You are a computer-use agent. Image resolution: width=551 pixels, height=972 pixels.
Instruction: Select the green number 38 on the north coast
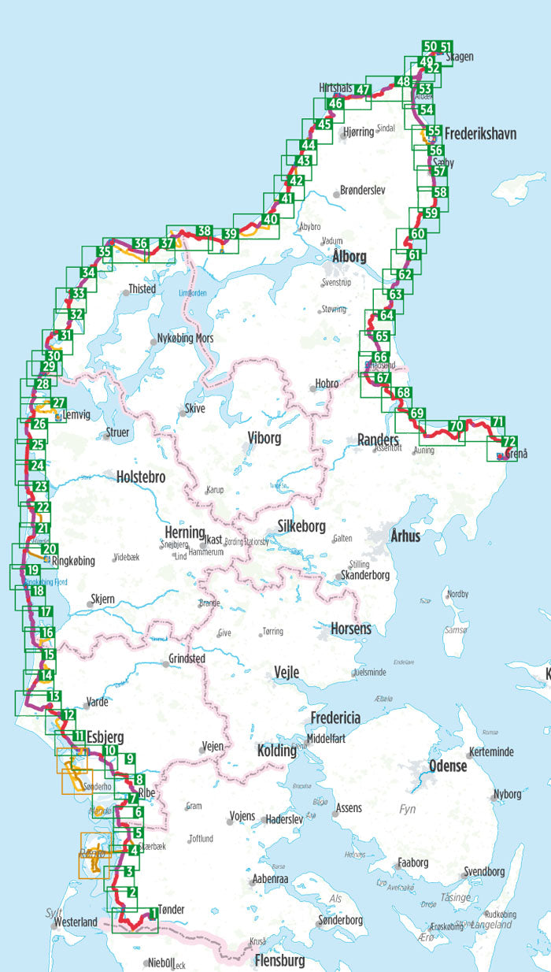[204, 231]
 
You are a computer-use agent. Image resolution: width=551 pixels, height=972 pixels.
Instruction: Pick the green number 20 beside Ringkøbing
[50, 549]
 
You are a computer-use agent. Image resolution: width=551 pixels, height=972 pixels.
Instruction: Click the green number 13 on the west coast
[54, 696]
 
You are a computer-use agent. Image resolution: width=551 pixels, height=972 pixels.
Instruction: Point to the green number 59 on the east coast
[431, 213]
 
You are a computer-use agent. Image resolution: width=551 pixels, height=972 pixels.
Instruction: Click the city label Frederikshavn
[480, 135]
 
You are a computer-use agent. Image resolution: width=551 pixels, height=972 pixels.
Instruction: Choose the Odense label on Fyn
[448, 766]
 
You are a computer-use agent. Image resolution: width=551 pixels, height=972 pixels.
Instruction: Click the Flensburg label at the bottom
[279, 961]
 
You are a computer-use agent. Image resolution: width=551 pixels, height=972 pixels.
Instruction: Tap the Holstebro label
[140, 477]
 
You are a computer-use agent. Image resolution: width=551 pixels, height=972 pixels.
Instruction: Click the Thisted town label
[142, 289]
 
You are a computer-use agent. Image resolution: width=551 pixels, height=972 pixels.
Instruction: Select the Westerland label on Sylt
[75, 922]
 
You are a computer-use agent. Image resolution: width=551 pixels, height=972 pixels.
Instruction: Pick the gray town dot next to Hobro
[312, 384]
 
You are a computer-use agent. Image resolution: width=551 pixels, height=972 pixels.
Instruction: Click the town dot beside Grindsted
[165, 664]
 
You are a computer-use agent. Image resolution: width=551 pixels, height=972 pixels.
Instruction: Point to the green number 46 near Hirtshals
[336, 103]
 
